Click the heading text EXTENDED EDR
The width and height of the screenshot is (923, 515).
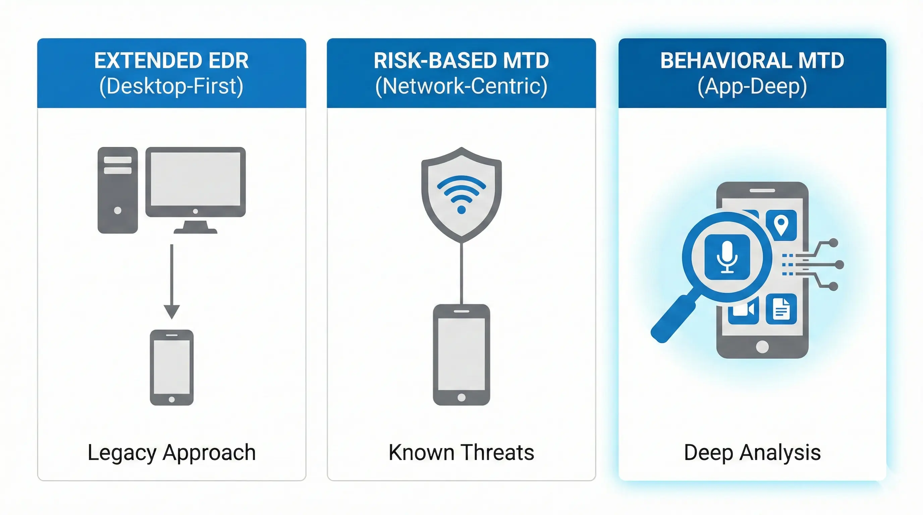171,61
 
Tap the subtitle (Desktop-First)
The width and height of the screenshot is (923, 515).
171,87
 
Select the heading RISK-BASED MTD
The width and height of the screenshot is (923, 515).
461,61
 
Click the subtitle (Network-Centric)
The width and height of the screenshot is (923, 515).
461,87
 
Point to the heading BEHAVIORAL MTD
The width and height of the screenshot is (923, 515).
752,61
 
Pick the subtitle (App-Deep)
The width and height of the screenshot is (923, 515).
752,87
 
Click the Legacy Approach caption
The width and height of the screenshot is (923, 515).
172,452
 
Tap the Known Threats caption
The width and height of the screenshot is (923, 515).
461,452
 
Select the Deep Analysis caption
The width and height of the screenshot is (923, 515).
752,452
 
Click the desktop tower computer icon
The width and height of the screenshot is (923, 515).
117,190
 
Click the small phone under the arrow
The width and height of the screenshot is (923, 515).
172,367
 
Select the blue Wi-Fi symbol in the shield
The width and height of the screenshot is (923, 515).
461,194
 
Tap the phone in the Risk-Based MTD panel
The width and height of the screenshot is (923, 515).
461,354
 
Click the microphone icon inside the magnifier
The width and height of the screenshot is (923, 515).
727,257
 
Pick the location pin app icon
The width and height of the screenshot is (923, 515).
781,225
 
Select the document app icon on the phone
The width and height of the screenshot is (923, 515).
781,309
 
